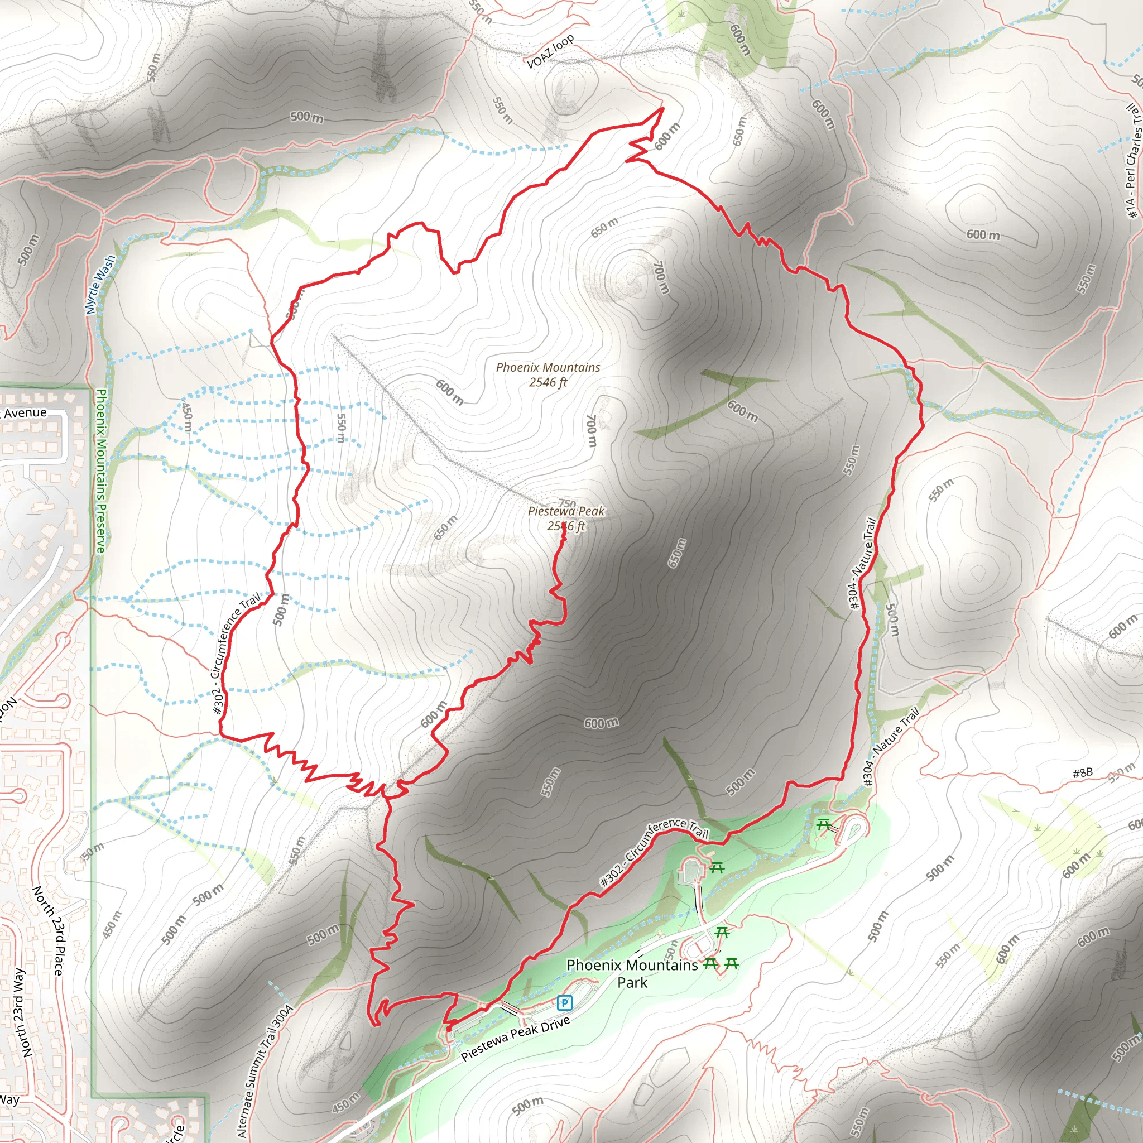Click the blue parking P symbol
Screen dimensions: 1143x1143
[565, 1002]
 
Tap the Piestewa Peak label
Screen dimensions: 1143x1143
[565, 511]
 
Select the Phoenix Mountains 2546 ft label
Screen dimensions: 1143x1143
[548, 374]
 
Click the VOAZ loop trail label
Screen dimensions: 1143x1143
[550, 51]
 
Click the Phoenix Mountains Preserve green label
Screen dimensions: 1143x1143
[100, 471]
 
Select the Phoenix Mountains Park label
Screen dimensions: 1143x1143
[632, 974]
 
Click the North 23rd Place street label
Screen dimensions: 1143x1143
[48, 930]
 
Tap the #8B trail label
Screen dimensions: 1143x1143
[1082, 773]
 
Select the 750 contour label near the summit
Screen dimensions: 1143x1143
[567, 503]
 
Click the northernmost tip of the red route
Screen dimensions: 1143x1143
[662, 108]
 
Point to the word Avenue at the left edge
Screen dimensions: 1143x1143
[25, 412]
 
